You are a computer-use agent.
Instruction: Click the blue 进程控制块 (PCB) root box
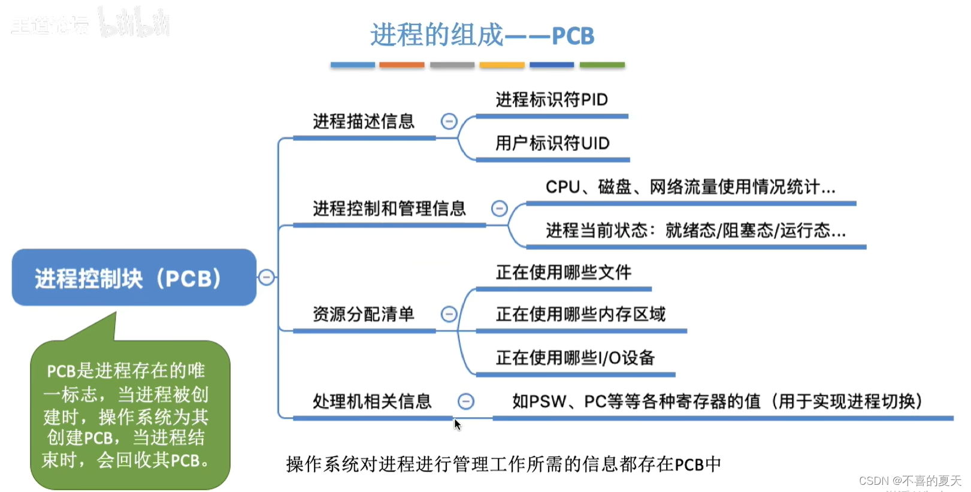(x=134, y=277)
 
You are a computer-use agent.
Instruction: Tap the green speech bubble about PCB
(x=129, y=415)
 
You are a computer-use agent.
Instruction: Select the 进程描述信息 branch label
(x=364, y=122)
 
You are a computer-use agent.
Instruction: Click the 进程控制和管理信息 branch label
(x=389, y=209)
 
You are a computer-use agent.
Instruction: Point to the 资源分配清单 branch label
(x=363, y=314)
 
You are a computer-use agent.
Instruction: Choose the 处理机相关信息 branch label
(x=372, y=402)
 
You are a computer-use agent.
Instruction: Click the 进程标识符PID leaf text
(x=552, y=99)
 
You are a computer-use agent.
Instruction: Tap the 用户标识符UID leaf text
(x=552, y=143)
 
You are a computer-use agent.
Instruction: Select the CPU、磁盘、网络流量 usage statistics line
(x=690, y=187)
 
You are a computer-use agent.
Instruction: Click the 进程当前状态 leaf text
(x=695, y=231)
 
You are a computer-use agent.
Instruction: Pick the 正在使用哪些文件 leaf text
(x=563, y=273)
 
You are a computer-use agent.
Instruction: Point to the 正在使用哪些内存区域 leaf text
(x=580, y=314)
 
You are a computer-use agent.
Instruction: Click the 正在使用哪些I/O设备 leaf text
(x=575, y=358)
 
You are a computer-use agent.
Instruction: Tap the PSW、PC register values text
(x=716, y=402)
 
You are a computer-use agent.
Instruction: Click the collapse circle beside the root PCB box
(x=267, y=277)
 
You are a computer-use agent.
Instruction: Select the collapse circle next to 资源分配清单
(x=449, y=314)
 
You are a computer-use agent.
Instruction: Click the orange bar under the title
(x=401, y=65)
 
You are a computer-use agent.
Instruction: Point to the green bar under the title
(x=602, y=65)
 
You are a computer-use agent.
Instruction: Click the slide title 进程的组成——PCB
(x=482, y=35)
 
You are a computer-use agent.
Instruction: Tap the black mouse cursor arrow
(x=457, y=425)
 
